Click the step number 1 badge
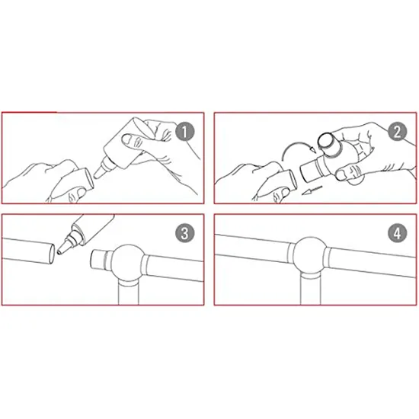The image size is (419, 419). click(x=184, y=132)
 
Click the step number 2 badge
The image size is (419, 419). click(x=398, y=132)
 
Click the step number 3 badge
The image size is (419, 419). click(x=184, y=233)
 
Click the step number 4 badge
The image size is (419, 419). click(x=398, y=233)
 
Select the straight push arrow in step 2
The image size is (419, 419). click(x=312, y=190)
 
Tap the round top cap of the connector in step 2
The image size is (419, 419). click(x=328, y=141)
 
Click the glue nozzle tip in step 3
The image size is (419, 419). click(x=59, y=252)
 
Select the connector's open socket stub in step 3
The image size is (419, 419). click(x=98, y=260)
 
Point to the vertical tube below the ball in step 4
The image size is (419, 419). click(x=310, y=290)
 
